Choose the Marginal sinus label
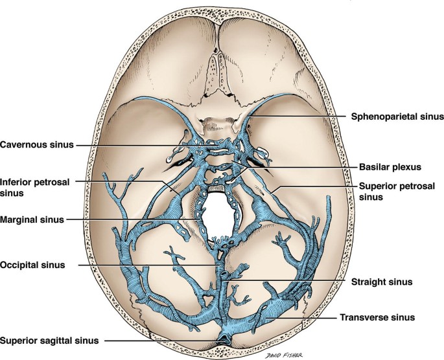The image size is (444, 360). (32, 219)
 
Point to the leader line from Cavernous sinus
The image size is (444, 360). (130, 144)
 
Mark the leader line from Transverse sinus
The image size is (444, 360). (305, 317)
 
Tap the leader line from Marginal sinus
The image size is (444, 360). (130, 219)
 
